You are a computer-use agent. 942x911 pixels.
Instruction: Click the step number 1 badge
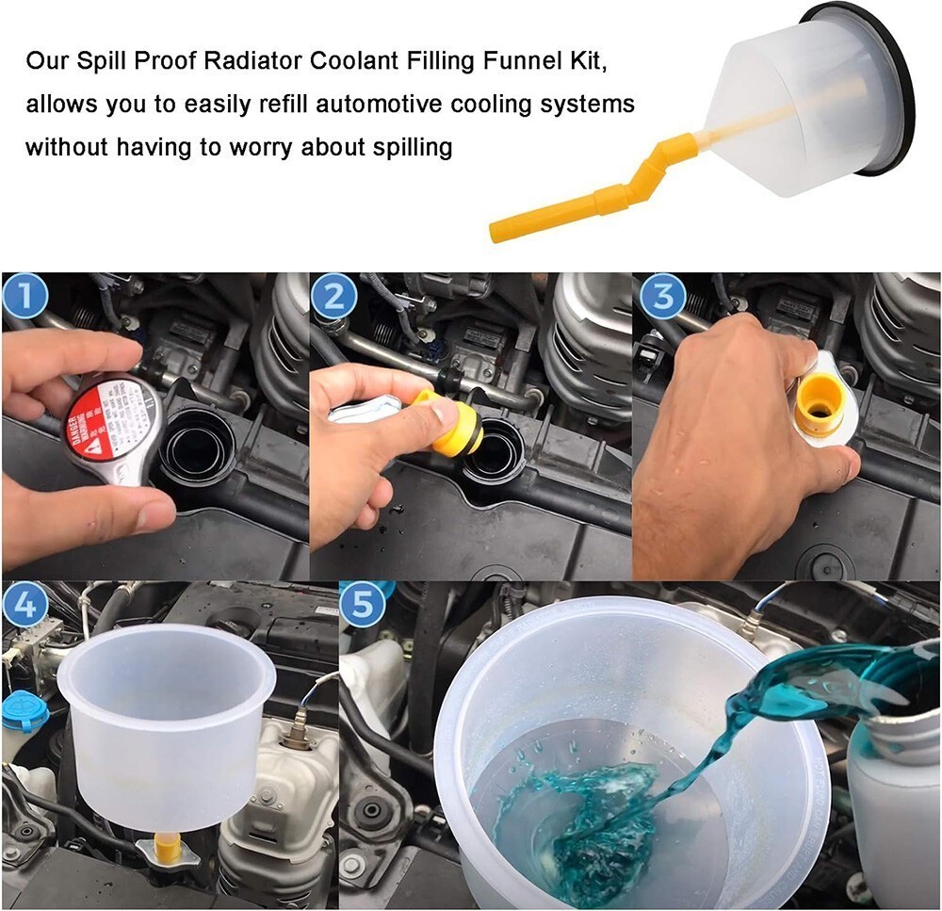coord(25,298)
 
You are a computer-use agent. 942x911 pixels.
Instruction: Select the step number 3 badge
coord(662,298)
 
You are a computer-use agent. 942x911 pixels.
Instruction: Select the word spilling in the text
coord(408,147)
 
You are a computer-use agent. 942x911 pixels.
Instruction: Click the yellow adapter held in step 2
coord(452,424)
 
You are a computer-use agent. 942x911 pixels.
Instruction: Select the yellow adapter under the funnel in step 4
coord(167,849)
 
